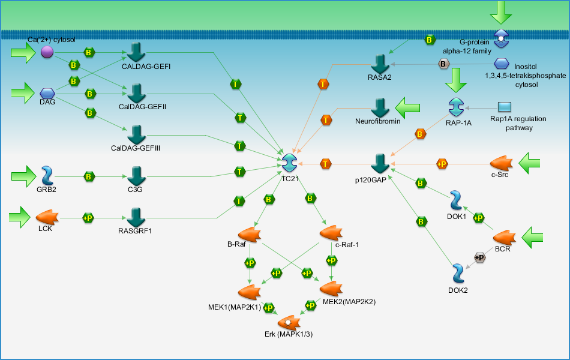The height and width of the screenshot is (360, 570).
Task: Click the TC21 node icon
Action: (289, 163)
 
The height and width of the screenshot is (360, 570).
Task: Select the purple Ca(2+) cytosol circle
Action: (47, 52)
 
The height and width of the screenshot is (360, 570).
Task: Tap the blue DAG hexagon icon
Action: (47, 94)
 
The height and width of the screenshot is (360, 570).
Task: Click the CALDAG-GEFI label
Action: (146, 67)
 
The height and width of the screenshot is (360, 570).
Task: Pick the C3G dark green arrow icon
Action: (137, 176)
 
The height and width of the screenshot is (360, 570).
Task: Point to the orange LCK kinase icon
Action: (47, 217)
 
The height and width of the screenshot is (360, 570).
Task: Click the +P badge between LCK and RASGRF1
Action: (88, 218)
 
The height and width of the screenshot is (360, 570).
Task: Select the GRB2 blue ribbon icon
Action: (47, 176)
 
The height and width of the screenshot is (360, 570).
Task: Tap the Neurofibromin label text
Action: (377, 121)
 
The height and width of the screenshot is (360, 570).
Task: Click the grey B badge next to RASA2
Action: (443, 64)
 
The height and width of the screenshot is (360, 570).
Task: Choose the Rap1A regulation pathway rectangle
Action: (504, 107)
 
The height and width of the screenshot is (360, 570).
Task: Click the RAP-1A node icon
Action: (456, 107)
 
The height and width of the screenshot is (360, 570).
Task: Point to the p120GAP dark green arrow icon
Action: (380, 164)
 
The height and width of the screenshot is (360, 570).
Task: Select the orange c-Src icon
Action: (501, 163)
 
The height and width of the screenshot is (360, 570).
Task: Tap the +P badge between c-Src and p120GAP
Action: (442, 164)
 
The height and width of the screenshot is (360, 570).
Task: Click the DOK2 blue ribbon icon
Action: (458, 274)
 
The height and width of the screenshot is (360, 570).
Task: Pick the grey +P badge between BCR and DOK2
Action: (480, 257)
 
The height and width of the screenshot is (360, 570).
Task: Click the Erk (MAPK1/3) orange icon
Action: (289, 323)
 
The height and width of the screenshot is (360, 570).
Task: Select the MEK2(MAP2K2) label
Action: (349, 301)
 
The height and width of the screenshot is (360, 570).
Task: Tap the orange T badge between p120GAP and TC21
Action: (325, 164)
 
